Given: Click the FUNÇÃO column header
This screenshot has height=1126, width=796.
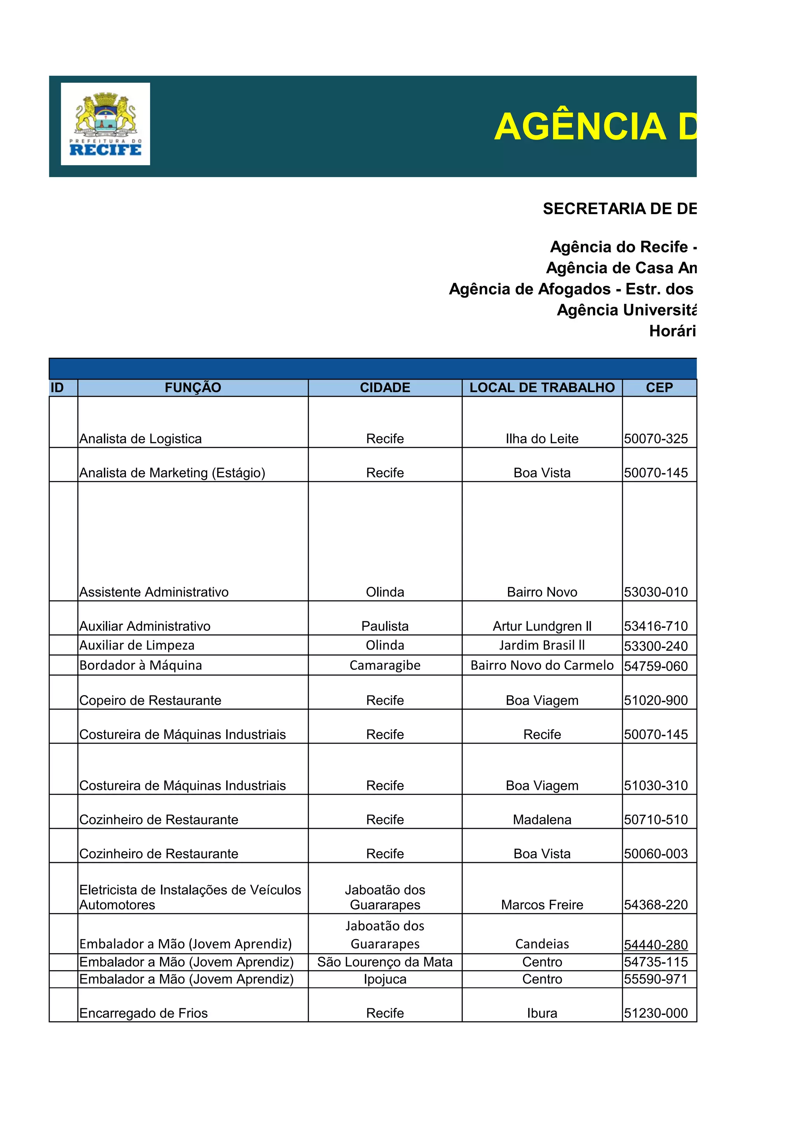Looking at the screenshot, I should [x=193, y=387].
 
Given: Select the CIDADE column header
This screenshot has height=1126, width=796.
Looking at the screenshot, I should [x=385, y=387].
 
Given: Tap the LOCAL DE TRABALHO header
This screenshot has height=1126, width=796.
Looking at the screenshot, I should [x=542, y=387].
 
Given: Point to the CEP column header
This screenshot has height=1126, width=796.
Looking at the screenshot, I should [x=659, y=387].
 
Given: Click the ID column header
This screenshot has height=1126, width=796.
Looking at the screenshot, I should [x=58, y=387].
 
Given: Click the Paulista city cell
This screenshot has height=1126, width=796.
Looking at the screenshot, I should [x=385, y=626].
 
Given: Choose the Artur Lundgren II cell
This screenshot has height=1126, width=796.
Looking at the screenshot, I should [x=542, y=626].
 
